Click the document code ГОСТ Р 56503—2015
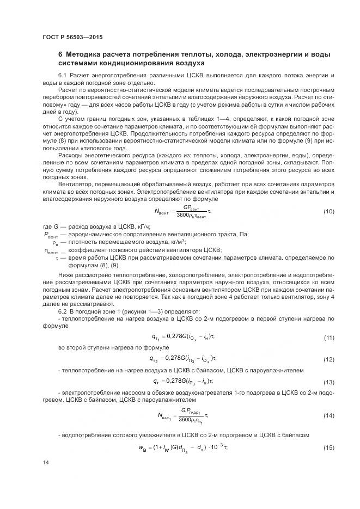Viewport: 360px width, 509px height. click(x=72, y=38)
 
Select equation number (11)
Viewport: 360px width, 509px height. click(x=328, y=338)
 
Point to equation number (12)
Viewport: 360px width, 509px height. click(x=328, y=360)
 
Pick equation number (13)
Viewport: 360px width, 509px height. click(x=328, y=382)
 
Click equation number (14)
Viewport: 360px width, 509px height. click(x=328, y=415)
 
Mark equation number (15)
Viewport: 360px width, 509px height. click(x=328, y=447)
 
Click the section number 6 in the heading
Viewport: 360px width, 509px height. click(x=60, y=54)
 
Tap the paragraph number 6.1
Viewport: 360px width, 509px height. click(x=62, y=75)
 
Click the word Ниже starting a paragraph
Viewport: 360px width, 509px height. click(x=66, y=275)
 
